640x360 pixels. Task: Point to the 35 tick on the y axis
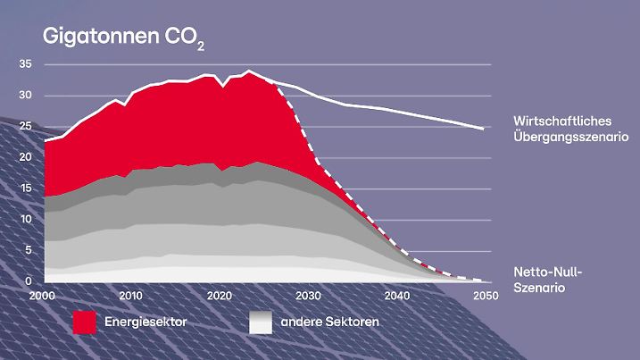coord(25,64)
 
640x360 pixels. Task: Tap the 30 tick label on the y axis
coord(25,96)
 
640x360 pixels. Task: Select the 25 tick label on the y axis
coord(25,127)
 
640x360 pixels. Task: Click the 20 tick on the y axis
coord(25,157)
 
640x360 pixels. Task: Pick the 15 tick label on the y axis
coord(25,188)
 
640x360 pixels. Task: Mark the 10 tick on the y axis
coord(25,220)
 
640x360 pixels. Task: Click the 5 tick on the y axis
coord(28,250)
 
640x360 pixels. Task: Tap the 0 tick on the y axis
coord(28,280)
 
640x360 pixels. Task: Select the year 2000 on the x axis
coord(43,295)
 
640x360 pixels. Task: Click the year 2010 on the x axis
coord(131,295)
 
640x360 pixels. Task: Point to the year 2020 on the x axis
coord(220,295)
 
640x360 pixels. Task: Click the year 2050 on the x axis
coord(485,295)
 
